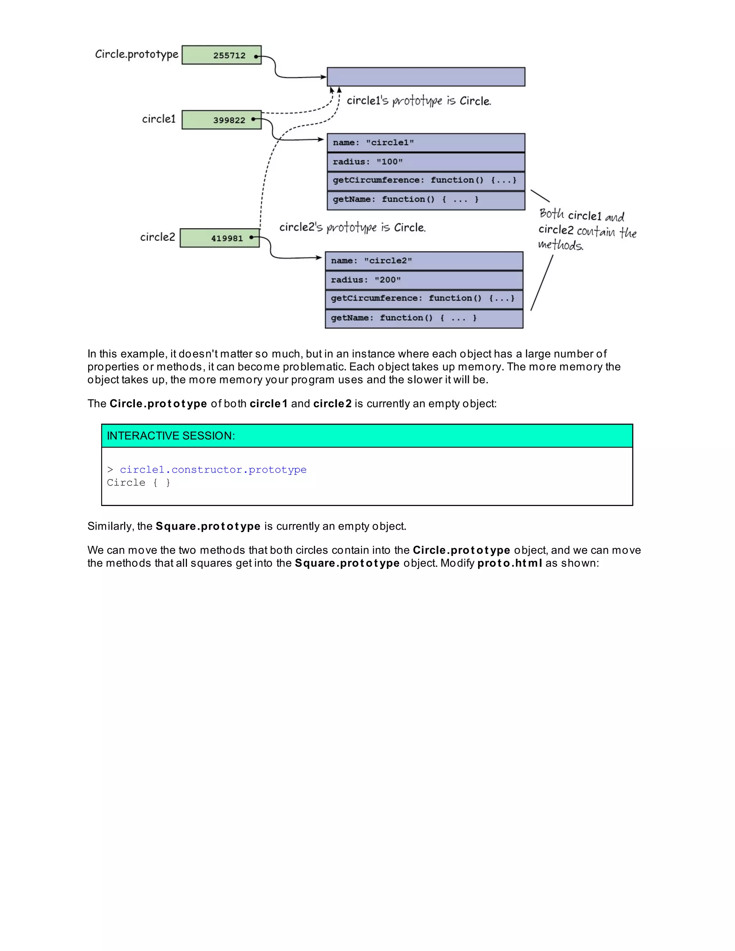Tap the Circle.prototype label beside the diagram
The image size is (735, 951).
coord(136,54)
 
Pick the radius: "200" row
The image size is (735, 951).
coord(424,280)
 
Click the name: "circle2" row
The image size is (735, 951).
coord(424,261)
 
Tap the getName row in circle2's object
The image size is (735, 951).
coord(424,318)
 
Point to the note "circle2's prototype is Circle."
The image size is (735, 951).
coord(352,227)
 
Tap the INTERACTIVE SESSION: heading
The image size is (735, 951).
coord(171,436)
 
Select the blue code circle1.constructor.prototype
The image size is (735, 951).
coord(213,470)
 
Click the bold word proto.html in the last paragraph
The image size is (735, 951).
coord(510,563)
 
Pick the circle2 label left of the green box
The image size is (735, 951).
coord(157,237)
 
